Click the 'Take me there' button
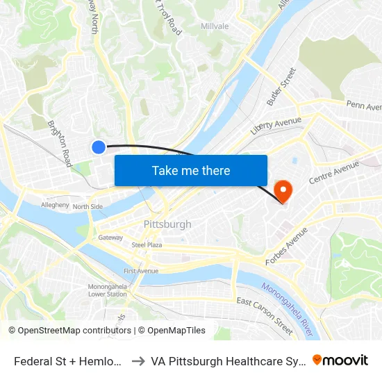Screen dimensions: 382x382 point(191,170)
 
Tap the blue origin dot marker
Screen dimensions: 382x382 point(99,147)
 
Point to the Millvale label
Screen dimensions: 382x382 point(215,26)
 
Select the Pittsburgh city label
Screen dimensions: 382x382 point(167,224)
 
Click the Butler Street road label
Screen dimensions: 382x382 point(281,87)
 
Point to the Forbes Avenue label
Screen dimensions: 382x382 point(286,246)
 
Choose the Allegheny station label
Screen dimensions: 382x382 point(55,206)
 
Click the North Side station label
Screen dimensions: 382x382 point(88,206)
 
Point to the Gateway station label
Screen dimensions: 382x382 point(110,238)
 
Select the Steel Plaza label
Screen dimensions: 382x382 point(147,245)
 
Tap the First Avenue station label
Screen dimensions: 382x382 point(141,271)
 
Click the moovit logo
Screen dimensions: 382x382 point(340,360)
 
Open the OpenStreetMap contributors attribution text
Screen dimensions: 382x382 point(69,331)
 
